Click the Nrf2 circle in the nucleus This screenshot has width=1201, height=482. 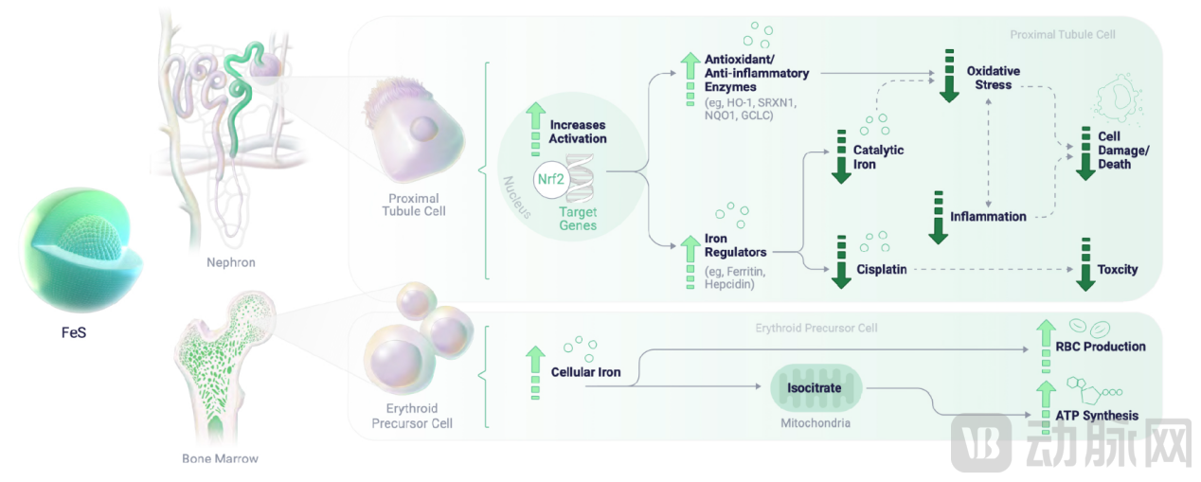553,177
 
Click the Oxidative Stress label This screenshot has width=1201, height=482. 993,78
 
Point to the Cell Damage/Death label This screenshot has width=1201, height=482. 1114,150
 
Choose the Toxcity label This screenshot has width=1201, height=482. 1118,270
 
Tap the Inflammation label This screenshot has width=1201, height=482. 988,217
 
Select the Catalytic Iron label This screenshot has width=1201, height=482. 878,157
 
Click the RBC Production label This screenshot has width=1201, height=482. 1101,347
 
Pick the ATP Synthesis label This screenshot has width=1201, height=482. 1097,416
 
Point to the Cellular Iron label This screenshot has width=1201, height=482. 585,372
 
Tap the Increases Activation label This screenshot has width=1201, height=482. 578,132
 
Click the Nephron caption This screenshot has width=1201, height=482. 231,262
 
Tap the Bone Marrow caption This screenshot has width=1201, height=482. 220,459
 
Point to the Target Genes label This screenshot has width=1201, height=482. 578,219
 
